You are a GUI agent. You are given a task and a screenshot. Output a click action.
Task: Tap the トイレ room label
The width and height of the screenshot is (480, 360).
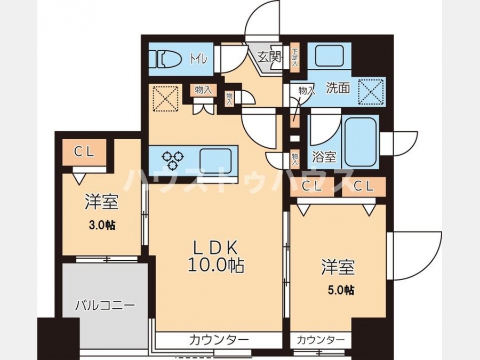[x=199, y=59]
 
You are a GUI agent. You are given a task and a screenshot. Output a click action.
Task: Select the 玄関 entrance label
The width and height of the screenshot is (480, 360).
[x=269, y=57]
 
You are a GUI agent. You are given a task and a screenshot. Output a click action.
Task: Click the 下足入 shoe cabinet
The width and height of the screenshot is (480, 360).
[x=295, y=58]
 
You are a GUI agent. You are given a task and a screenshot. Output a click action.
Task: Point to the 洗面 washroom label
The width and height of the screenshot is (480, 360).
[x=338, y=88]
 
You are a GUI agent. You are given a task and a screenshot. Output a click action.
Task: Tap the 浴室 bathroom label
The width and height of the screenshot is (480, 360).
[x=324, y=157]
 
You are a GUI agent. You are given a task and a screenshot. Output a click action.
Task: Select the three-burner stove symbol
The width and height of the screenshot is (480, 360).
[x=173, y=160]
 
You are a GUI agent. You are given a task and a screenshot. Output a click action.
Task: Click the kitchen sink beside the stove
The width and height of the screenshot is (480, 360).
[x=215, y=160]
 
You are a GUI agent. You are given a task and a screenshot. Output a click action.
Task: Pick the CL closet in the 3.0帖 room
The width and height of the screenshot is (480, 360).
[x=84, y=152]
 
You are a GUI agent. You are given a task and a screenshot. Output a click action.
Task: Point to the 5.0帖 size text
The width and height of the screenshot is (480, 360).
[x=341, y=290]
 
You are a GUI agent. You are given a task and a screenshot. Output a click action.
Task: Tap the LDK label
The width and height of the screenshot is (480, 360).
[x=215, y=247]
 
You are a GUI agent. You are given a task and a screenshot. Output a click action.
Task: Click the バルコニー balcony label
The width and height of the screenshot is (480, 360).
[x=105, y=306]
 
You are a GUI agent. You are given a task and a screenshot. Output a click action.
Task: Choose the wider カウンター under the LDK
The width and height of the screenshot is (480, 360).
[x=219, y=340]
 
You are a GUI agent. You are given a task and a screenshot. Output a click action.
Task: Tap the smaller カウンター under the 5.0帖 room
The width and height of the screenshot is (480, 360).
[x=321, y=340]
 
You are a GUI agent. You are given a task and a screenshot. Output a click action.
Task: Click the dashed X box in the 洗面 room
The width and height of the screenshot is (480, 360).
[x=371, y=92]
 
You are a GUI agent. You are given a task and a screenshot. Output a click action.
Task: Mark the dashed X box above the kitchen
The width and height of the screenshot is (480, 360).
[x=165, y=99]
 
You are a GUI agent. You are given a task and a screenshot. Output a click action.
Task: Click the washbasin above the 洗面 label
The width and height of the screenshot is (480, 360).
[x=330, y=55]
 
